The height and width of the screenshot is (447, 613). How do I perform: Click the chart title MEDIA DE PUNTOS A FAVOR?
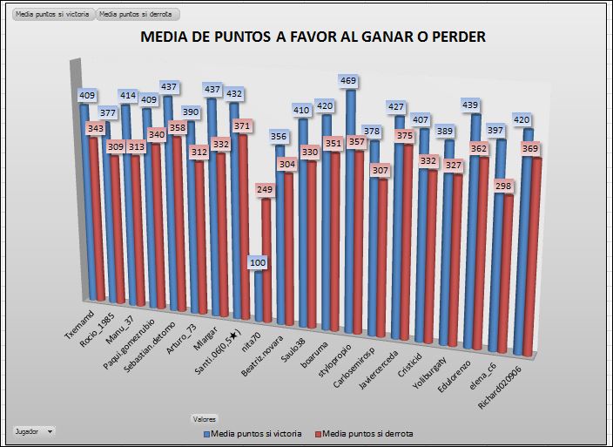tap(313, 37)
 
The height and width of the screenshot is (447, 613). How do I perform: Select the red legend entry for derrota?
tap(364, 433)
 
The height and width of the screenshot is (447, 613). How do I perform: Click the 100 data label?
tap(258, 262)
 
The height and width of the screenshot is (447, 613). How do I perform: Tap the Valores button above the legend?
tap(205, 418)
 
